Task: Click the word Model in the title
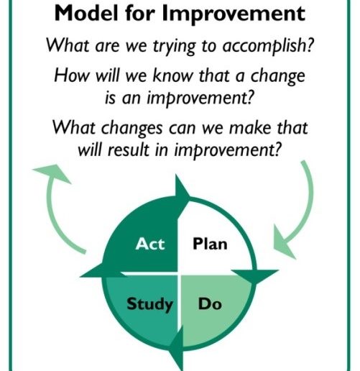click(x=86, y=13)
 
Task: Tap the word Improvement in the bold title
click(x=234, y=14)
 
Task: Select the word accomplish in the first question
click(x=268, y=46)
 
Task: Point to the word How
click(x=71, y=75)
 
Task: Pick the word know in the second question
click(x=172, y=75)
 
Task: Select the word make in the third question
click(x=250, y=127)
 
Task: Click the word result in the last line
click(x=128, y=150)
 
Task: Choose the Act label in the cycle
click(x=150, y=244)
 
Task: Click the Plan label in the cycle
click(x=210, y=244)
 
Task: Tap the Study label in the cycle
click(x=149, y=305)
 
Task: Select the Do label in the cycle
click(x=210, y=304)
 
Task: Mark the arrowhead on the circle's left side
click(x=102, y=271)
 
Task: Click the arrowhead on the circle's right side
click(x=255, y=275)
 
